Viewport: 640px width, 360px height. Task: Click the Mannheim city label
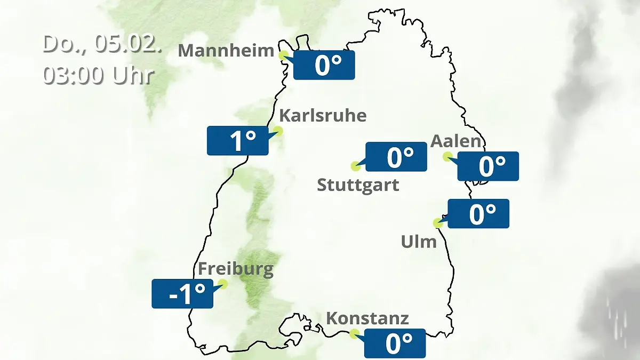pyautogui.click(x=226, y=51)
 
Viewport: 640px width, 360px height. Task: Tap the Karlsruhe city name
pyautogui.click(x=323, y=115)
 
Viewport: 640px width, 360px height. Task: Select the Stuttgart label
pyautogui.click(x=358, y=185)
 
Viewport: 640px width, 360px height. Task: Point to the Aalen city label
pyautogui.click(x=455, y=141)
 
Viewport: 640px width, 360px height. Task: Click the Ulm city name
pyautogui.click(x=419, y=242)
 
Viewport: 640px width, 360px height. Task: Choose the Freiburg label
pyautogui.click(x=235, y=269)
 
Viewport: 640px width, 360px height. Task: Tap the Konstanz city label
pyautogui.click(x=367, y=318)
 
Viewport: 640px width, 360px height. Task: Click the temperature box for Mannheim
pyautogui.click(x=324, y=65)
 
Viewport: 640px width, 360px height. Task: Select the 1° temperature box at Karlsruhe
pyautogui.click(x=238, y=141)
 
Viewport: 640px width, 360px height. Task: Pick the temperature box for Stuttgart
pyautogui.click(x=396, y=157)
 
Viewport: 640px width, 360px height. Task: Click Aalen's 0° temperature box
pyautogui.click(x=488, y=166)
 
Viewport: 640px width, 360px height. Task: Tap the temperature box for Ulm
pyautogui.click(x=478, y=213)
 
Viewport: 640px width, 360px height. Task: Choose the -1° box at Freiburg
pyautogui.click(x=182, y=293)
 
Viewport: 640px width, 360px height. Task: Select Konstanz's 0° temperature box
pyautogui.click(x=395, y=343)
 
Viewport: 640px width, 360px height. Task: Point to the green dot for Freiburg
pyautogui.click(x=223, y=284)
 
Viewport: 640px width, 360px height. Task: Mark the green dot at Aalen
pyautogui.click(x=447, y=156)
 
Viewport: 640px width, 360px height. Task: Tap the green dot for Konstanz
pyautogui.click(x=354, y=334)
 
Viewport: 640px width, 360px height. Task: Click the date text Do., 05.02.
pyautogui.click(x=102, y=44)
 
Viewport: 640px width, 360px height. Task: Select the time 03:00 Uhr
pyautogui.click(x=99, y=75)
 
